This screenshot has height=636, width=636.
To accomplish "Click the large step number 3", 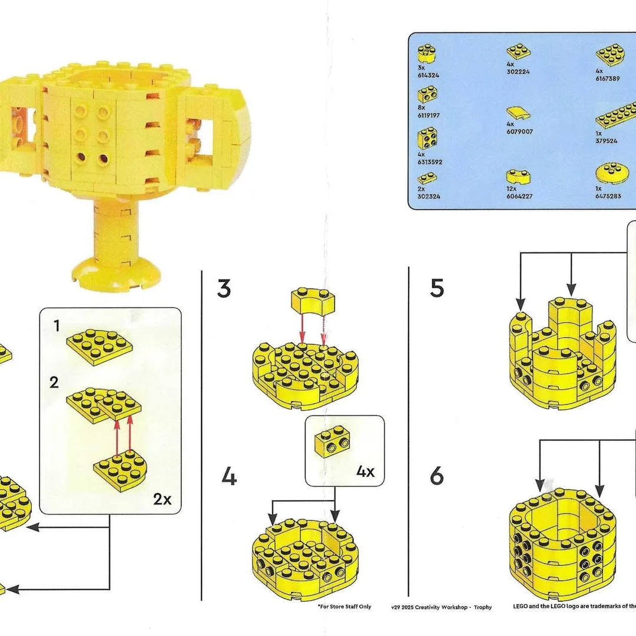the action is (x=224, y=289).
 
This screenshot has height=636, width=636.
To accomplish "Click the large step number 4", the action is (x=229, y=476).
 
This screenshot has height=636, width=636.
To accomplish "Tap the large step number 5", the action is (x=437, y=288).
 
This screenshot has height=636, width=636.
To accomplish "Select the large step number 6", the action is (x=437, y=475).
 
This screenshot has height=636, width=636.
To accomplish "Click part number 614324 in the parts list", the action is (x=428, y=75).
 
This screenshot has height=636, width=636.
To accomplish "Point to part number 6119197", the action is (x=429, y=115).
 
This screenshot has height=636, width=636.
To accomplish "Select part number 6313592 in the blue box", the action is (x=430, y=163).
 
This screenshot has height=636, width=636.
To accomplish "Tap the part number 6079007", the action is (x=519, y=132).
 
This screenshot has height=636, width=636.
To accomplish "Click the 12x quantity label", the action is (x=512, y=189).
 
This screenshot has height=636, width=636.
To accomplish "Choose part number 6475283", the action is (x=608, y=196).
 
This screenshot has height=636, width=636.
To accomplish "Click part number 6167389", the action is (x=608, y=79).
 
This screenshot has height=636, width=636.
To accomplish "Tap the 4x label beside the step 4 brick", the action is (x=366, y=472).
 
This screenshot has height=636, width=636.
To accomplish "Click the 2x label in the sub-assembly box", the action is (x=163, y=499).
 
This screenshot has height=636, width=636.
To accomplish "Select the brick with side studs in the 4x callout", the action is (x=332, y=441).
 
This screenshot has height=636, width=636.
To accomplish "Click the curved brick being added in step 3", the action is (x=313, y=300).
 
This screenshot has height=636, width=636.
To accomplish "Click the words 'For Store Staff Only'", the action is (x=344, y=607).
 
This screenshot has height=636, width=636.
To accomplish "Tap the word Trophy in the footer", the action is (x=483, y=607).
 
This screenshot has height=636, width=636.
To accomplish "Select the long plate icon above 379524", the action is (x=616, y=114).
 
